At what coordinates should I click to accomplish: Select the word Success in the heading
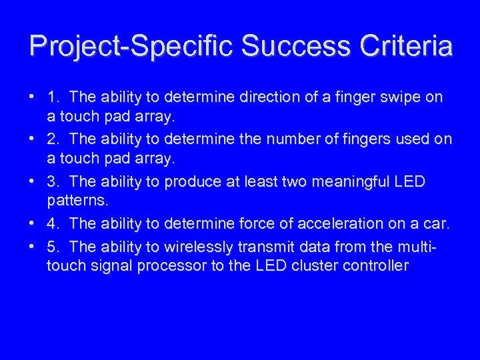pos(293,46)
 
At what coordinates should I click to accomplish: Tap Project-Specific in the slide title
pos(131,46)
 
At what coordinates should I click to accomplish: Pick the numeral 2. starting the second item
pos(54,139)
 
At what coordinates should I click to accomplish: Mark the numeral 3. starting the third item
pos(54,182)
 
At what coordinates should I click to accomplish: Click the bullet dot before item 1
pos(32,97)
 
